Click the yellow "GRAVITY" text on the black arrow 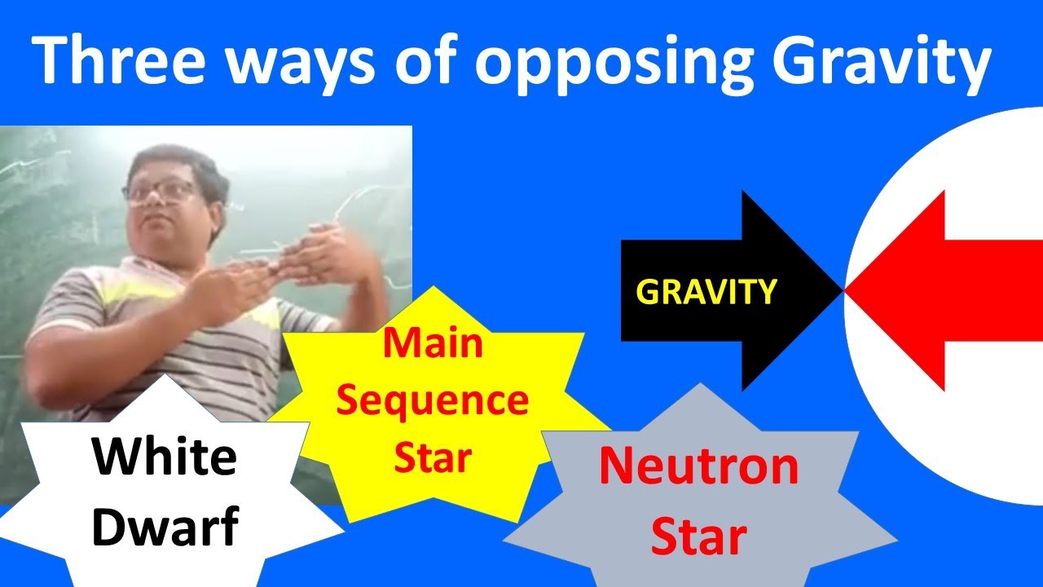pos(706,291)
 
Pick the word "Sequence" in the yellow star pos(433,401)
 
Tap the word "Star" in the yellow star pos(433,458)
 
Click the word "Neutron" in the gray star pos(698,466)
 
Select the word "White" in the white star pos(164,457)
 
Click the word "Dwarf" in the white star pos(164,526)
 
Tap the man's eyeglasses pos(161,192)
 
